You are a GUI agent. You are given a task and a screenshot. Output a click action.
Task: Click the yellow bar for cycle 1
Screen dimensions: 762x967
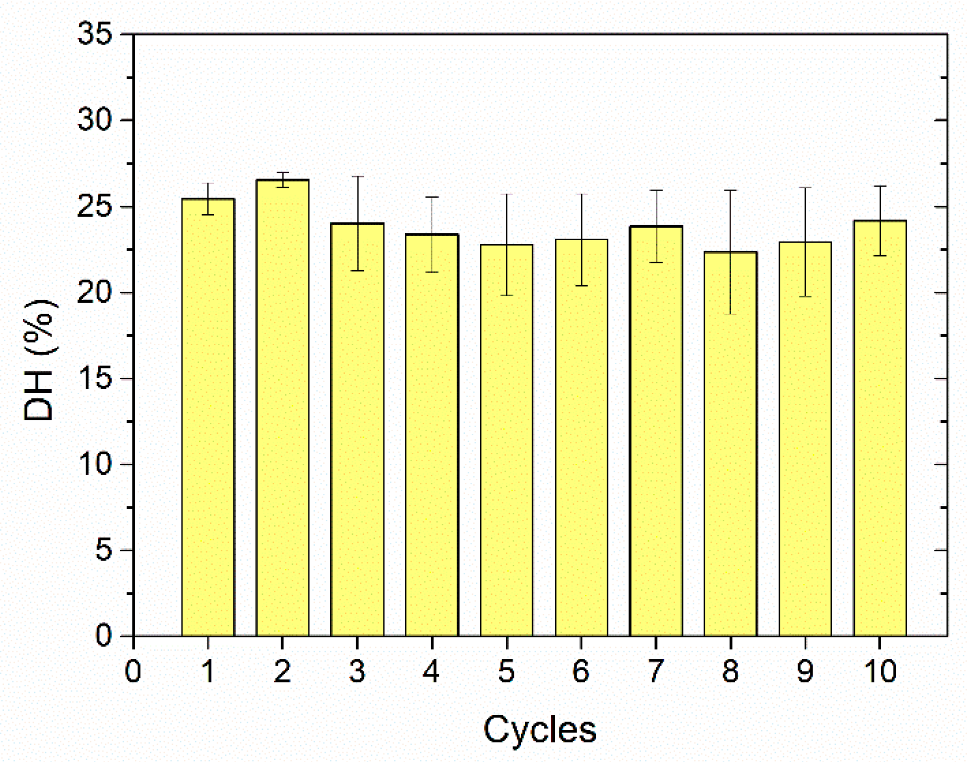point(208,417)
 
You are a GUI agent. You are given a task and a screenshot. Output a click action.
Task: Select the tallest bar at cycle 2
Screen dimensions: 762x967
point(282,408)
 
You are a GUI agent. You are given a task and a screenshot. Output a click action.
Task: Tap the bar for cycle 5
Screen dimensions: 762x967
point(506,440)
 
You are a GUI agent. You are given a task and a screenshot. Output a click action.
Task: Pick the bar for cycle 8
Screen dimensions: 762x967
point(730,444)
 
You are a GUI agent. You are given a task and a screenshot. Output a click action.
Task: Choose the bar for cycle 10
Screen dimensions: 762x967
point(880,428)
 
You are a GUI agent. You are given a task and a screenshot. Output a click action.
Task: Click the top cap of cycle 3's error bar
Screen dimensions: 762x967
point(357,177)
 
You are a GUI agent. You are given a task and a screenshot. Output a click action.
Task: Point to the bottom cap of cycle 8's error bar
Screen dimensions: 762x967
point(730,314)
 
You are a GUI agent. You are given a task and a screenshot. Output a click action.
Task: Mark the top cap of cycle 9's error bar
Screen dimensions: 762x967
point(805,188)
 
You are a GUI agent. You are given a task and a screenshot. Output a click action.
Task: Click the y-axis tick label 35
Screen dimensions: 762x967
point(94,35)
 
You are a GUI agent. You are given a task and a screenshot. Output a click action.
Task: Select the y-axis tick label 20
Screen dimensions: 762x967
point(94,293)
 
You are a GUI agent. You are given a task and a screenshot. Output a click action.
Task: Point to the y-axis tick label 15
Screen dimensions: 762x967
point(94,379)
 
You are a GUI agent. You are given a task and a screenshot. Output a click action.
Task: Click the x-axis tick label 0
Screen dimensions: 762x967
point(133,671)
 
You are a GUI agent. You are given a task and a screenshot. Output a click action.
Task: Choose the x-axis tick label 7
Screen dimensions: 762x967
point(655,671)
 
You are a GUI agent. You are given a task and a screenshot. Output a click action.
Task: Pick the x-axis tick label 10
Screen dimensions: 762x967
point(880,671)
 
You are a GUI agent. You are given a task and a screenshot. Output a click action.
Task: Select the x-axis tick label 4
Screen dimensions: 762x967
point(431,671)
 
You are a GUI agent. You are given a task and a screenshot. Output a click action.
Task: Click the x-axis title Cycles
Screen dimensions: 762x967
point(540,729)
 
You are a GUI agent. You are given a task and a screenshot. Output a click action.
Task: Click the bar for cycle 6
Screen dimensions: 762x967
point(581,438)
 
